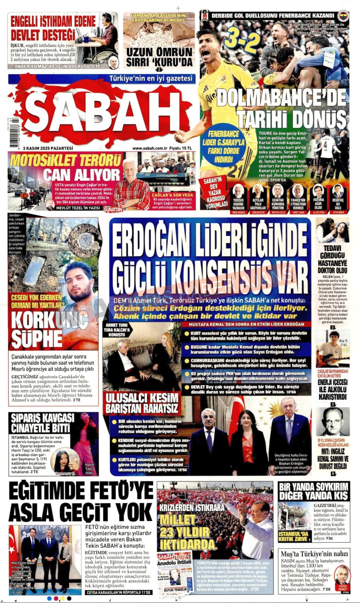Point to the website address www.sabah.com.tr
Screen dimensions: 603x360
[x=149, y=148]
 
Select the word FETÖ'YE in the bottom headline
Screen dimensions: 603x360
[x=122, y=492]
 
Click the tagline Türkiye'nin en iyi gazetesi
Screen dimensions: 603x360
[x=151, y=78]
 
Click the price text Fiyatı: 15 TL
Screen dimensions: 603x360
[x=181, y=148]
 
